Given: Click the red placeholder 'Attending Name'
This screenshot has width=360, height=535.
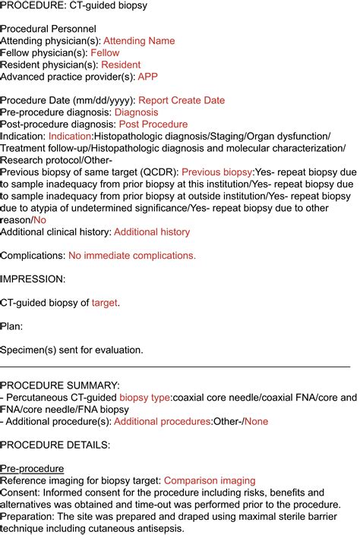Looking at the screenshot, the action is coord(138,41).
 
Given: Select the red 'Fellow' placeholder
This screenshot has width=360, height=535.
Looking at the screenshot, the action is coord(105,53).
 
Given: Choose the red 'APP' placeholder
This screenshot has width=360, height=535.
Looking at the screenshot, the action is coord(148,77).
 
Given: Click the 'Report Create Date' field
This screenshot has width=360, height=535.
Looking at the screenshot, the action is coord(183,100).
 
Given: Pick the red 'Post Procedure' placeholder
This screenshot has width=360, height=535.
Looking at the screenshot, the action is coord(153,124).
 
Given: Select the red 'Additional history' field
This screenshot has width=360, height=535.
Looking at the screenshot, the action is coord(151,231).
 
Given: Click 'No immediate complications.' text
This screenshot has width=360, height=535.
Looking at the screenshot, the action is coord(132,256).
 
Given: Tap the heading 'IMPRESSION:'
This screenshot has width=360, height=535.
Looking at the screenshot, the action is coord(33,279).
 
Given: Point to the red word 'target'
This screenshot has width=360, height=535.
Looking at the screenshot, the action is coord(105,303).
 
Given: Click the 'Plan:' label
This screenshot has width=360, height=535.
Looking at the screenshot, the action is coord(12,326).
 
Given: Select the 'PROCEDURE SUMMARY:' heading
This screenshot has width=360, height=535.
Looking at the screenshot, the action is coord(60,386).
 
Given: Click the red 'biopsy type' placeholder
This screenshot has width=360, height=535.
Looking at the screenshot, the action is coord(145,398).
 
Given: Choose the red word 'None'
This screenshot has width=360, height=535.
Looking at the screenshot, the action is coord(256,421).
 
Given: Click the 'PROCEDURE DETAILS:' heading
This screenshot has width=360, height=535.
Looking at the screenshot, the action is coord(55,445).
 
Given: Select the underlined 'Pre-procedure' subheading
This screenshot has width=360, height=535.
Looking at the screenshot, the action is coord(32,468).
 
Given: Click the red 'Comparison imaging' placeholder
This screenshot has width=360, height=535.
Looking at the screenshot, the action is coord(210,480).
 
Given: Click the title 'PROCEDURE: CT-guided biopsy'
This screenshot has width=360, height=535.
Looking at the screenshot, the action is coord(74,6).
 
